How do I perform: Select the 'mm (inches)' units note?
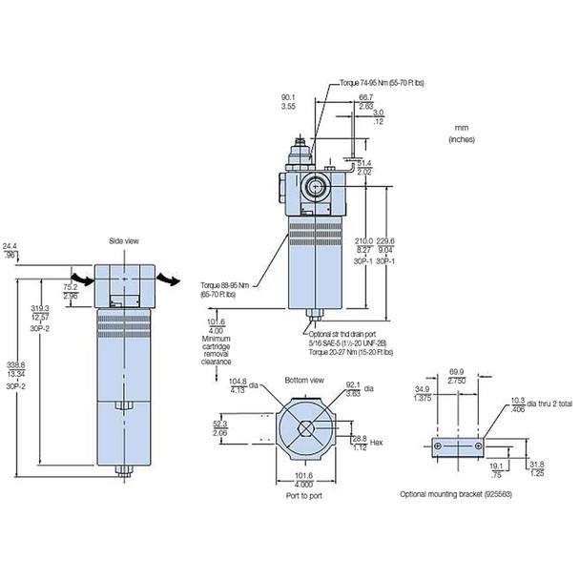[461, 133]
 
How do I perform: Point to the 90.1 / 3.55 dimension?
[289, 100]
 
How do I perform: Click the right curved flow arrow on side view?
[167, 279]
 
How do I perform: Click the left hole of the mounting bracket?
[439, 446]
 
